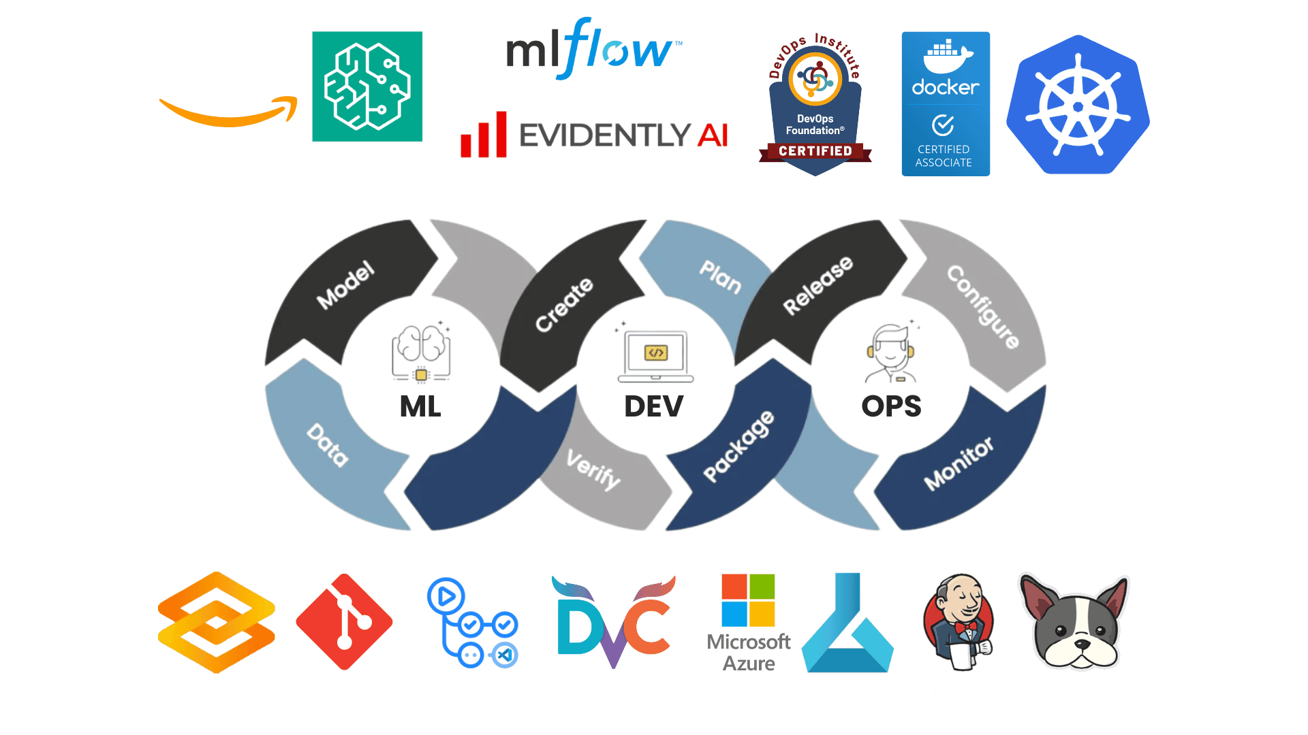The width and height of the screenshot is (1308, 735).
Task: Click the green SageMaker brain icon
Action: click(367, 86)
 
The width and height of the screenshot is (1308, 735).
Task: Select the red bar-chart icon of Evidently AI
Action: click(484, 134)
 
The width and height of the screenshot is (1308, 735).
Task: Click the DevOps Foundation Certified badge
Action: click(815, 105)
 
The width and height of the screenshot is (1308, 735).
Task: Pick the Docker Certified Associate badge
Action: click(946, 104)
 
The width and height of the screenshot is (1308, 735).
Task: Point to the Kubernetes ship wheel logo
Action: click(1078, 106)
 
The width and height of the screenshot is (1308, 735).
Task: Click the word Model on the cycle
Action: click(346, 284)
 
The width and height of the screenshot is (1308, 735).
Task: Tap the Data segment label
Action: click(328, 445)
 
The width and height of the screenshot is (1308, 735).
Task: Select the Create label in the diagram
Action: click(564, 304)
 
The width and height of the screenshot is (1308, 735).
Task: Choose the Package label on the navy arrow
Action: click(739, 446)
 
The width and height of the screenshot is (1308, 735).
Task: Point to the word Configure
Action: click(983, 306)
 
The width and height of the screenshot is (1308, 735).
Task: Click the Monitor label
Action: click(959, 463)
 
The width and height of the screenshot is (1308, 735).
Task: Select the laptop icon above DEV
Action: click(655, 356)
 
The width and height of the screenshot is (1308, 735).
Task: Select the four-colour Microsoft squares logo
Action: click(748, 600)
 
